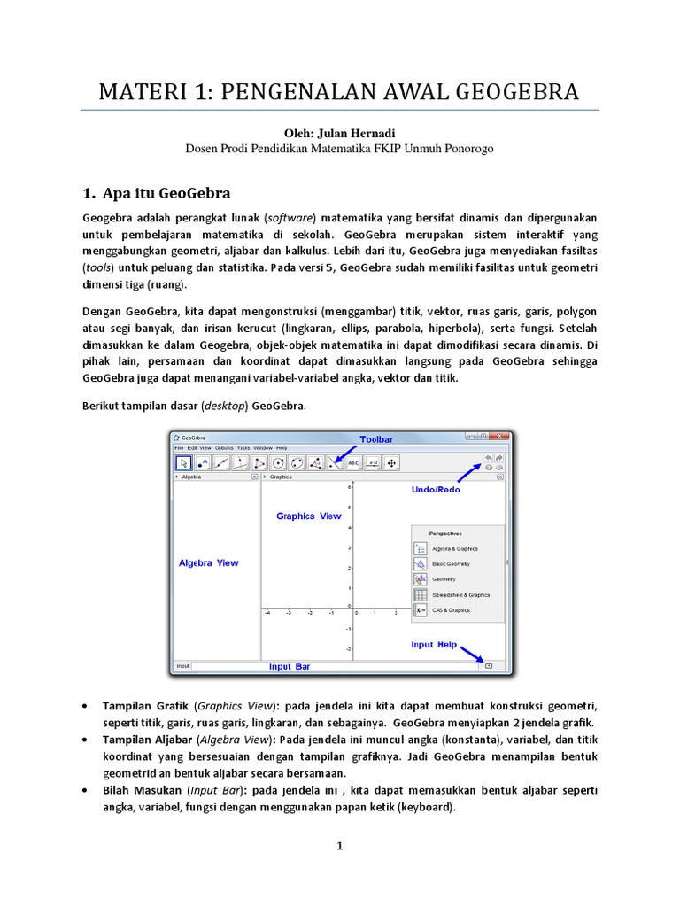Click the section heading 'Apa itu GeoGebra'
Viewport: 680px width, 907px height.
pos(167,193)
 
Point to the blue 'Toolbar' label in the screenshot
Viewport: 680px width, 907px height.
pos(376,438)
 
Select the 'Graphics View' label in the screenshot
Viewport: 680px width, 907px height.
pos(308,516)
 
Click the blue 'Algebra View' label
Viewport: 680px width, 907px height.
pos(208,562)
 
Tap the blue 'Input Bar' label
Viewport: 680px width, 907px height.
pos(290,667)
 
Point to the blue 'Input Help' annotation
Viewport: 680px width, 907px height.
pos(434,645)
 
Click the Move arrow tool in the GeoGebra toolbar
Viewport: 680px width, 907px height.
pos(183,462)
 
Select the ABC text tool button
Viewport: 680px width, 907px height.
pos(352,462)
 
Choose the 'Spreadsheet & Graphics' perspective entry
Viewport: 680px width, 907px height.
pos(460,595)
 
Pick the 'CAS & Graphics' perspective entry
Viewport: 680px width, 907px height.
pos(451,610)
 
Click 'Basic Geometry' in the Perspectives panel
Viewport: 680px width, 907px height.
pos(451,563)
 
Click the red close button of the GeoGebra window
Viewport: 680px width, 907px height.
pos(500,436)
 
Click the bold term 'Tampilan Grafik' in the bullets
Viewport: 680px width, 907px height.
pos(145,706)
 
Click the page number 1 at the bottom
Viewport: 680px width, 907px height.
pos(339,847)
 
